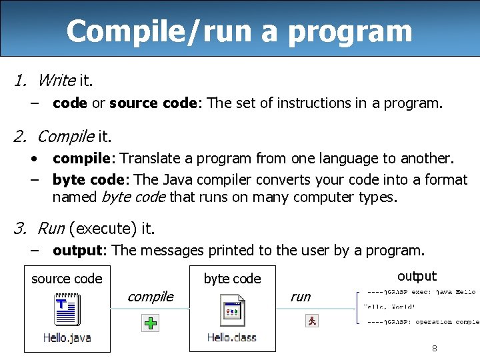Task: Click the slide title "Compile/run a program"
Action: (239, 31)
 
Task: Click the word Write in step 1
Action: (57, 81)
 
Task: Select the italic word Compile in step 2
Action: (65, 137)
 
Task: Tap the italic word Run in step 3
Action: (51, 229)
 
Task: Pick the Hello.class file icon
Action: (232, 311)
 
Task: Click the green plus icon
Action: (151, 324)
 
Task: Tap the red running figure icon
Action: (311, 321)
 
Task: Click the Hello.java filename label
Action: (67, 337)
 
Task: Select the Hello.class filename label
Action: (232, 337)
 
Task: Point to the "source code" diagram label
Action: (67, 279)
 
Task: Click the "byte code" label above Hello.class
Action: (232, 279)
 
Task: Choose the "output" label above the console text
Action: (417, 276)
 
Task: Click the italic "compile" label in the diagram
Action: (151, 297)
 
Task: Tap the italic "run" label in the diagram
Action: (301, 297)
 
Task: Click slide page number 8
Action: (435, 348)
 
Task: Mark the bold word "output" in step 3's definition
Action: (79, 251)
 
